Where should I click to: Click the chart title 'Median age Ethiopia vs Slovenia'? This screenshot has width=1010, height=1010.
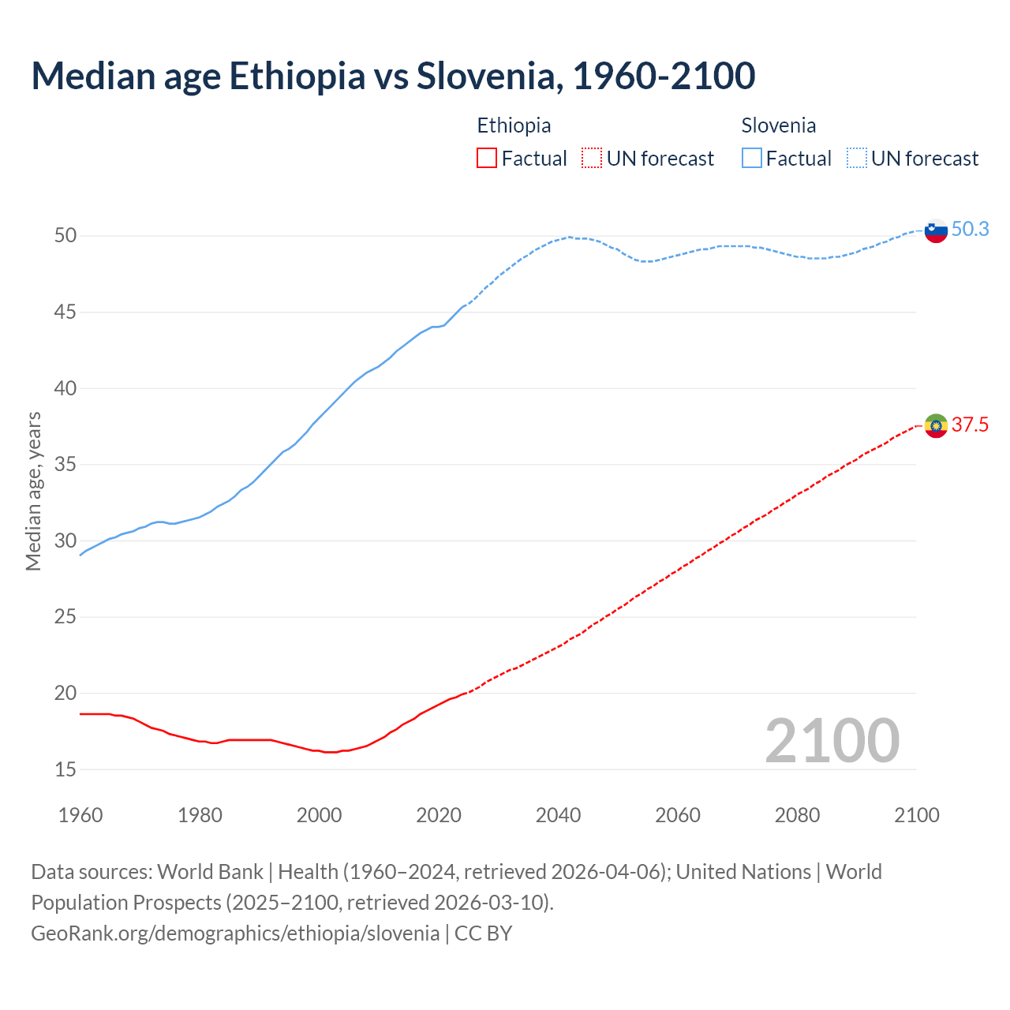(x=393, y=76)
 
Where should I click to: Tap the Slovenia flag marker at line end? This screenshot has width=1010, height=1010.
(x=935, y=230)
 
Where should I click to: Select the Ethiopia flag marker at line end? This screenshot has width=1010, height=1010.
(x=935, y=426)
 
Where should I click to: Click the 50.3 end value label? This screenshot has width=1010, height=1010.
(x=970, y=229)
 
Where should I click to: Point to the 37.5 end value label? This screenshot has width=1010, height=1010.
(x=970, y=425)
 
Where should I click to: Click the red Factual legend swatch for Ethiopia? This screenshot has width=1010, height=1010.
(x=487, y=159)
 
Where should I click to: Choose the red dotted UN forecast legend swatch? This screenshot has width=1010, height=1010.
(x=591, y=159)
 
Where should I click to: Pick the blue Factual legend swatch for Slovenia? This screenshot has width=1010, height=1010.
(x=751, y=159)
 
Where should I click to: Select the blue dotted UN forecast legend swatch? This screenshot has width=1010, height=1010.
(x=856, y=159)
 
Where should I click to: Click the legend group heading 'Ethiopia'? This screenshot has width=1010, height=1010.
(x=514, y=125)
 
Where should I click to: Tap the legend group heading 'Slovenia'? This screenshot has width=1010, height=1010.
(x=778, y=125)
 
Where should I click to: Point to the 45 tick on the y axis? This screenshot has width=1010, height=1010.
(x=65, y=312)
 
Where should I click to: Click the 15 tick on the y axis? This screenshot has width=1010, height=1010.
(x=65, y=769)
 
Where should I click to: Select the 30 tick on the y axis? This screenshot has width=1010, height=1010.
(x=65, y=541)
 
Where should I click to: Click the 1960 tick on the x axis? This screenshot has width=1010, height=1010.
(x=80, y=815)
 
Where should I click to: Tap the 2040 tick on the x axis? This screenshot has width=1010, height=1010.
(x=558, y=815)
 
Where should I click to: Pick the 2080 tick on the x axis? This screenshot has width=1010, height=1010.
(x=797, y=815)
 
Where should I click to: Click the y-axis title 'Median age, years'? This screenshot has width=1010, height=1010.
(x=33, y=491)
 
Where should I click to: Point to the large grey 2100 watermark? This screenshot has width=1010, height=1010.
(x=832, y=740)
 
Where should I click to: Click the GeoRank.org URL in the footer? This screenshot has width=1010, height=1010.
(x=235, y=933)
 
